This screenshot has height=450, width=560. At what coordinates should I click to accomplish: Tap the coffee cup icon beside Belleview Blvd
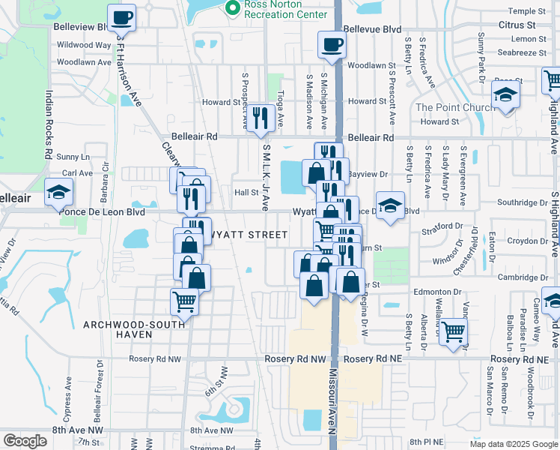121,17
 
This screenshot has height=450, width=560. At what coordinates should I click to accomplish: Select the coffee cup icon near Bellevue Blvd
331,44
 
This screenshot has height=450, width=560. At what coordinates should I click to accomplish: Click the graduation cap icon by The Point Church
505,95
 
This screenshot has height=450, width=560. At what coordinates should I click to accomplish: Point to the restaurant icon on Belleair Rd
261,118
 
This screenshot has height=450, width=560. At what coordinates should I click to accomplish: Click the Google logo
25,440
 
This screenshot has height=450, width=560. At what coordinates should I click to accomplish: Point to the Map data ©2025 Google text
514,444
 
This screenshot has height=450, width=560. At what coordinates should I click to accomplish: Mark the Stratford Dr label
442,225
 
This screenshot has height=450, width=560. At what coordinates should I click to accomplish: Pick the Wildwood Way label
84,45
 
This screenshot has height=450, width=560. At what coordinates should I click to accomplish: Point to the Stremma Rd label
207,445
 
